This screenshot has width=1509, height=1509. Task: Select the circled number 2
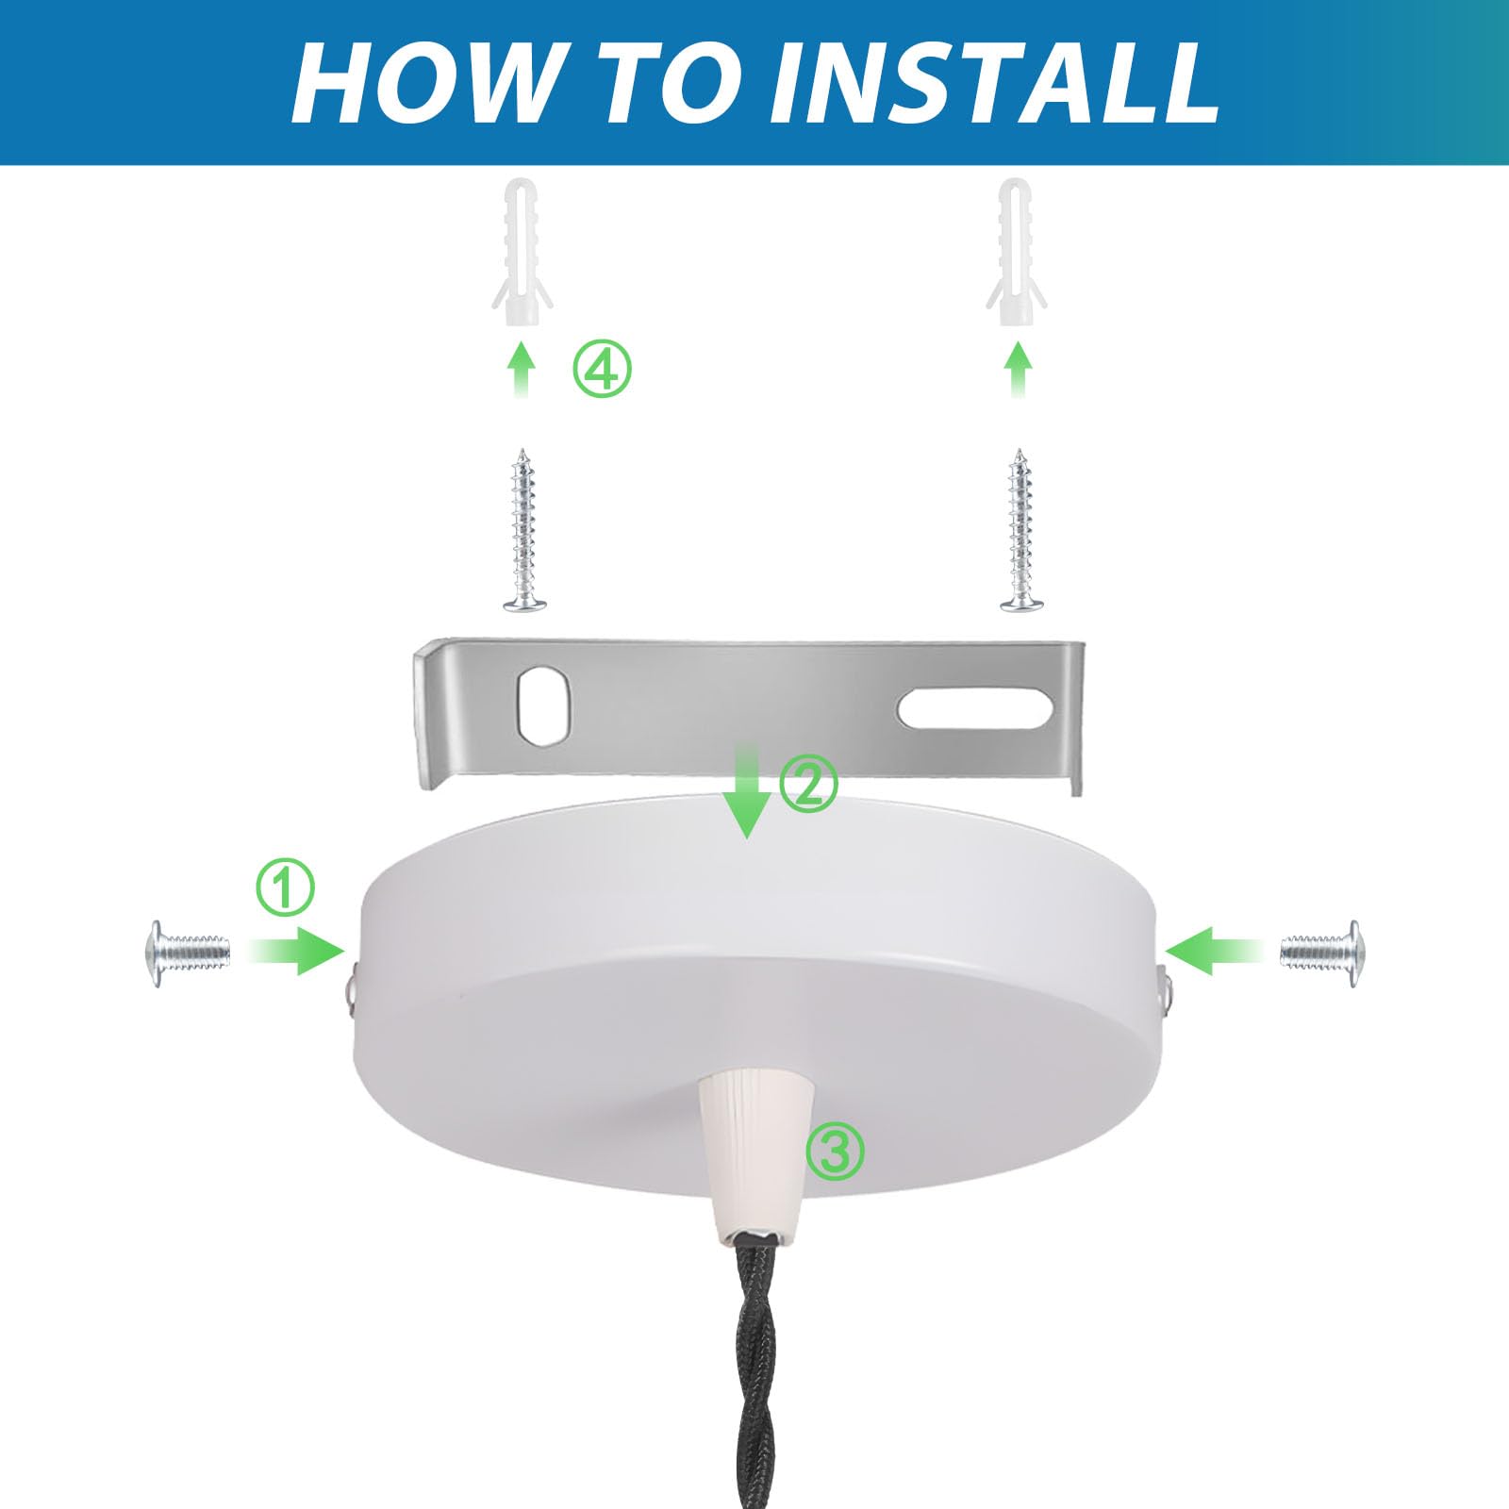coord(809,783)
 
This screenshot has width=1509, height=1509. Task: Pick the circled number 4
coord(603,369)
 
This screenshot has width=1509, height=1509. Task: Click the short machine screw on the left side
coord(188,953)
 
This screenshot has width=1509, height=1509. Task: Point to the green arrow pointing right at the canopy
coord(298,951)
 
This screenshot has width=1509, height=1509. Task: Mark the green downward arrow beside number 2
coord(747,790)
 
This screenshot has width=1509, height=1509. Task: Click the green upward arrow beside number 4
coord(522,370)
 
